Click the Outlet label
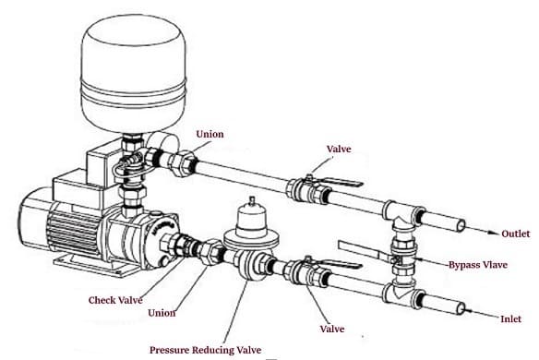click(x=515, y=234)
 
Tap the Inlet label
click(x=510, y=319)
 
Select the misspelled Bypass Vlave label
click(x=478, y=265)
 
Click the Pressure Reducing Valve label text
click(x=205, y=350)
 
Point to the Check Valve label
click(x=115, y=300)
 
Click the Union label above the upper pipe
click(x=210, y=134)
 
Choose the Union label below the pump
click(x=162, y=313)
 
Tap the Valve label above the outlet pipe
click(x=339, y=149)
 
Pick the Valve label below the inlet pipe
click(x=332, y=329)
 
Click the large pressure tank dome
click(x=134, y=72)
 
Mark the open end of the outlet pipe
click(x=461, y=226)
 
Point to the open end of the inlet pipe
click(x=461, y=308)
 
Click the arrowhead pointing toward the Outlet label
click(x=495, y=233)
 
